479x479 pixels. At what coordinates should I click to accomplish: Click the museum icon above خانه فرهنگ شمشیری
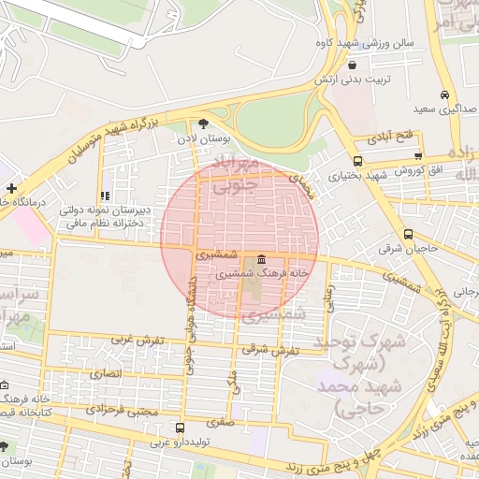tap(260, 259)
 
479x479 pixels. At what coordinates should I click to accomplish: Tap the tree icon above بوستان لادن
tap(204, 123)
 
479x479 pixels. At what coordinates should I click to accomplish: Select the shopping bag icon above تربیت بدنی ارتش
tap(351, 65)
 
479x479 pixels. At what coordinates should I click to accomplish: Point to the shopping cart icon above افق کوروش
tap(417, 156)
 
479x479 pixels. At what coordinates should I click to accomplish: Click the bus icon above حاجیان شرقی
tap(408, 235)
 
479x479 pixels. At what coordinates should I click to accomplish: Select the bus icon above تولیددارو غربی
tap(180, 428)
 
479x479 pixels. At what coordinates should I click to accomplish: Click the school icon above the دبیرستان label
tap(105, 196)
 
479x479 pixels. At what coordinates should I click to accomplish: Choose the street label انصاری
tap(106, 373)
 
